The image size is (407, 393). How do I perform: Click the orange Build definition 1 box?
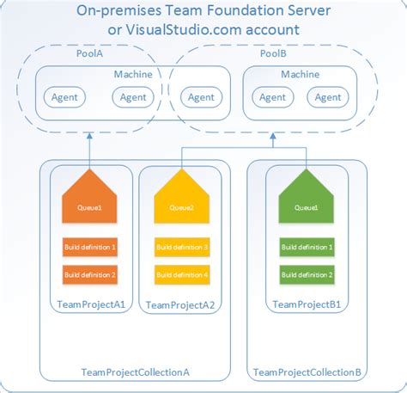coord(89,247)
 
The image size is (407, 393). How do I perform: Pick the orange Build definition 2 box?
coord(89,274)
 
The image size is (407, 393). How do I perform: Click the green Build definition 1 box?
coord(307,247)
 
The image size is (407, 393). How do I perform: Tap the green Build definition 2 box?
coord(307,274)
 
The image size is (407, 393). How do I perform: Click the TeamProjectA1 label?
coord(89,304)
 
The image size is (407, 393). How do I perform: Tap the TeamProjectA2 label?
coord(180,304)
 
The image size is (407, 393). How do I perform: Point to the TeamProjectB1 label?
coord(307,304)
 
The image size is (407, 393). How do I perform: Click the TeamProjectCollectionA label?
coord(135,372)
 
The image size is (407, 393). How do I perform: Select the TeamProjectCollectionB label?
coord(307,372)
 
